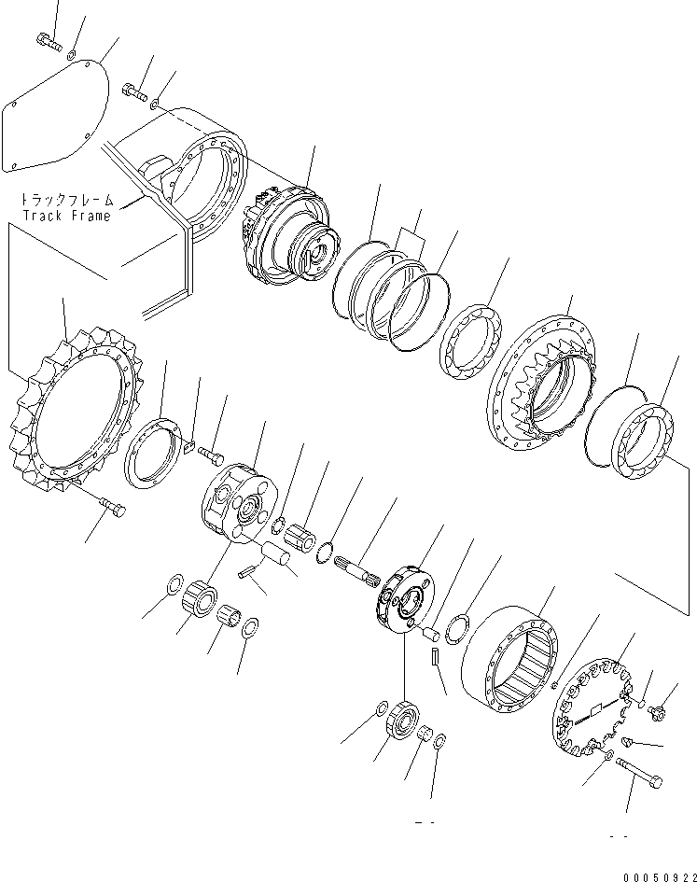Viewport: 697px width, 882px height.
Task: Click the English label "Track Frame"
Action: (x=67, y=216)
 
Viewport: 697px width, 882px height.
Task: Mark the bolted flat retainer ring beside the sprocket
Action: (x=150, y=452)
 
